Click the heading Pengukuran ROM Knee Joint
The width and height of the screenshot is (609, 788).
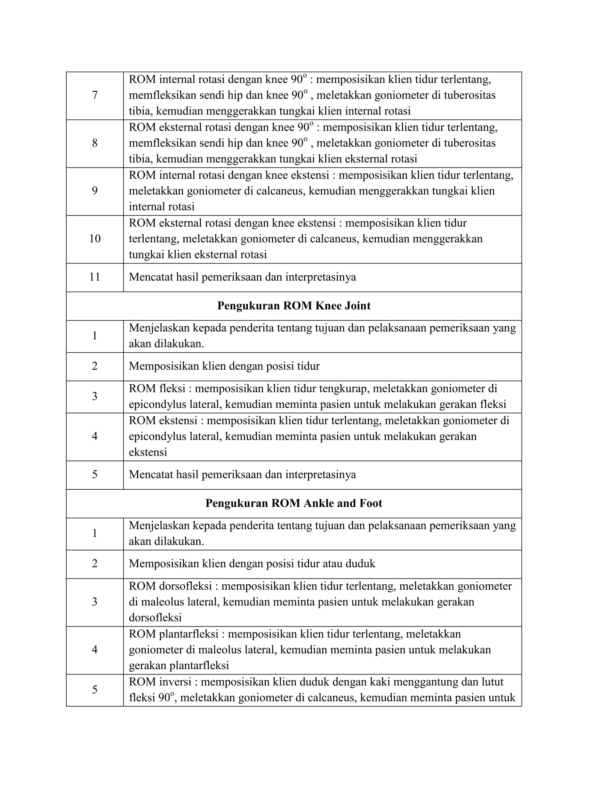294,306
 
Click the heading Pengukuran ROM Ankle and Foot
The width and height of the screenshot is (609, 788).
294,503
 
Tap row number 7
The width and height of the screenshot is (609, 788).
95,95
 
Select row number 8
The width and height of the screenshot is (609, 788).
95,143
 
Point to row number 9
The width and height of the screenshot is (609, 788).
95,191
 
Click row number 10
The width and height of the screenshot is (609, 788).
95,239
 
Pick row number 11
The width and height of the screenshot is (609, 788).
95,277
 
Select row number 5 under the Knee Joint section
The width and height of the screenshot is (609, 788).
95,475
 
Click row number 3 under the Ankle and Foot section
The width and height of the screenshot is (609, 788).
95,602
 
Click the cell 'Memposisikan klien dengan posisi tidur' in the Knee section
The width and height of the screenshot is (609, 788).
224,366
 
